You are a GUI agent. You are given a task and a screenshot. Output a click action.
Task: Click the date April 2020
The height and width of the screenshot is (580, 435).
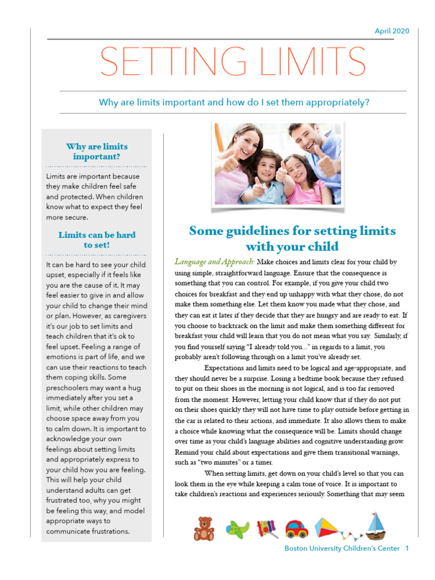(x=391, y=31)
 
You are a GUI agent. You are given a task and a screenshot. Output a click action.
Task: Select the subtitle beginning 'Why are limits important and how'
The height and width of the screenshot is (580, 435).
(x=234, y=103)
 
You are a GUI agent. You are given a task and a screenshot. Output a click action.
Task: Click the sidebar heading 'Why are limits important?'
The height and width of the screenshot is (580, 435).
(x=97, y=152)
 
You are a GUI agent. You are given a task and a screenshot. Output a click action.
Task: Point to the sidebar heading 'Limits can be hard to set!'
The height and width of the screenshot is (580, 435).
(x=97, y=240)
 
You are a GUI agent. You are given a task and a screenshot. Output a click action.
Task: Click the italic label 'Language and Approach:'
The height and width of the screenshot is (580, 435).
(x=215, y=262)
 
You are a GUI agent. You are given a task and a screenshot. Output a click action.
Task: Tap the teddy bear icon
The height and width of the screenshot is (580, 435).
(x=204, y=528)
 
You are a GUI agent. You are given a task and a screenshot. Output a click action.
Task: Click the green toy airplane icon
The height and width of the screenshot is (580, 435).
(x=238, y=529)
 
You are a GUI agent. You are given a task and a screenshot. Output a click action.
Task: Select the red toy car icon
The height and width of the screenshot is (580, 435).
(x=296, y=529)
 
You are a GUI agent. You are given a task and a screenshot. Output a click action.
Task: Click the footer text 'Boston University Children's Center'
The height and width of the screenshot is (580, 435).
(x=342, y=548)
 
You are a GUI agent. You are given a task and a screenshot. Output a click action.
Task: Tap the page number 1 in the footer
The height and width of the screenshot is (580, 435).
(x=407, y=548)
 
